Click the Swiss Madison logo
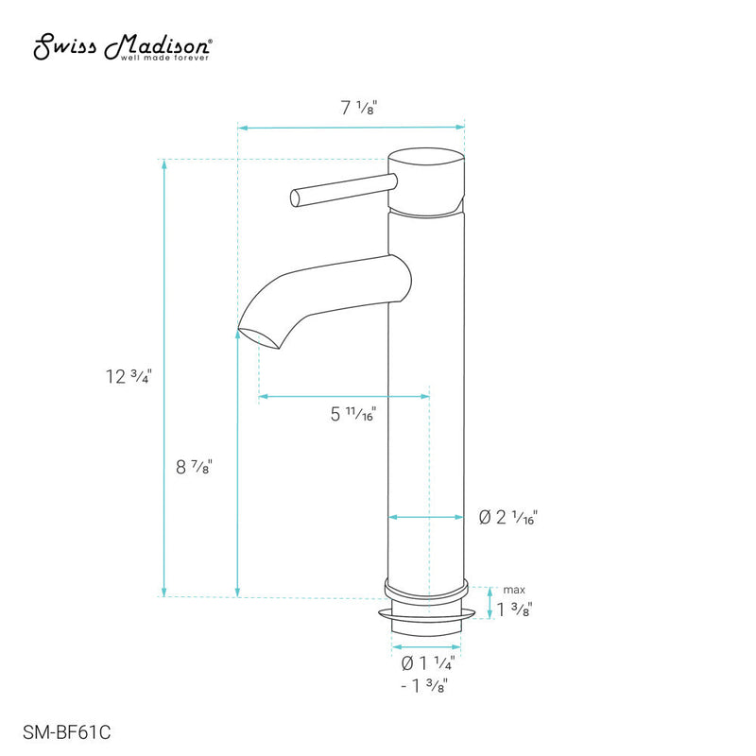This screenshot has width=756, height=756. click(123, 44)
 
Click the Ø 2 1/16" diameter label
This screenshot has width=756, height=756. click(507, 518)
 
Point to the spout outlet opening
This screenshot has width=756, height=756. click(250, 332)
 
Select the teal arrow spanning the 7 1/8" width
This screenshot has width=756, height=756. click(352, 126)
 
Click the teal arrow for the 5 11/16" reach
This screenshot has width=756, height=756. click(344, 396)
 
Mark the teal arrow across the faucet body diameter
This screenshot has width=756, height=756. click(428, 517)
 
